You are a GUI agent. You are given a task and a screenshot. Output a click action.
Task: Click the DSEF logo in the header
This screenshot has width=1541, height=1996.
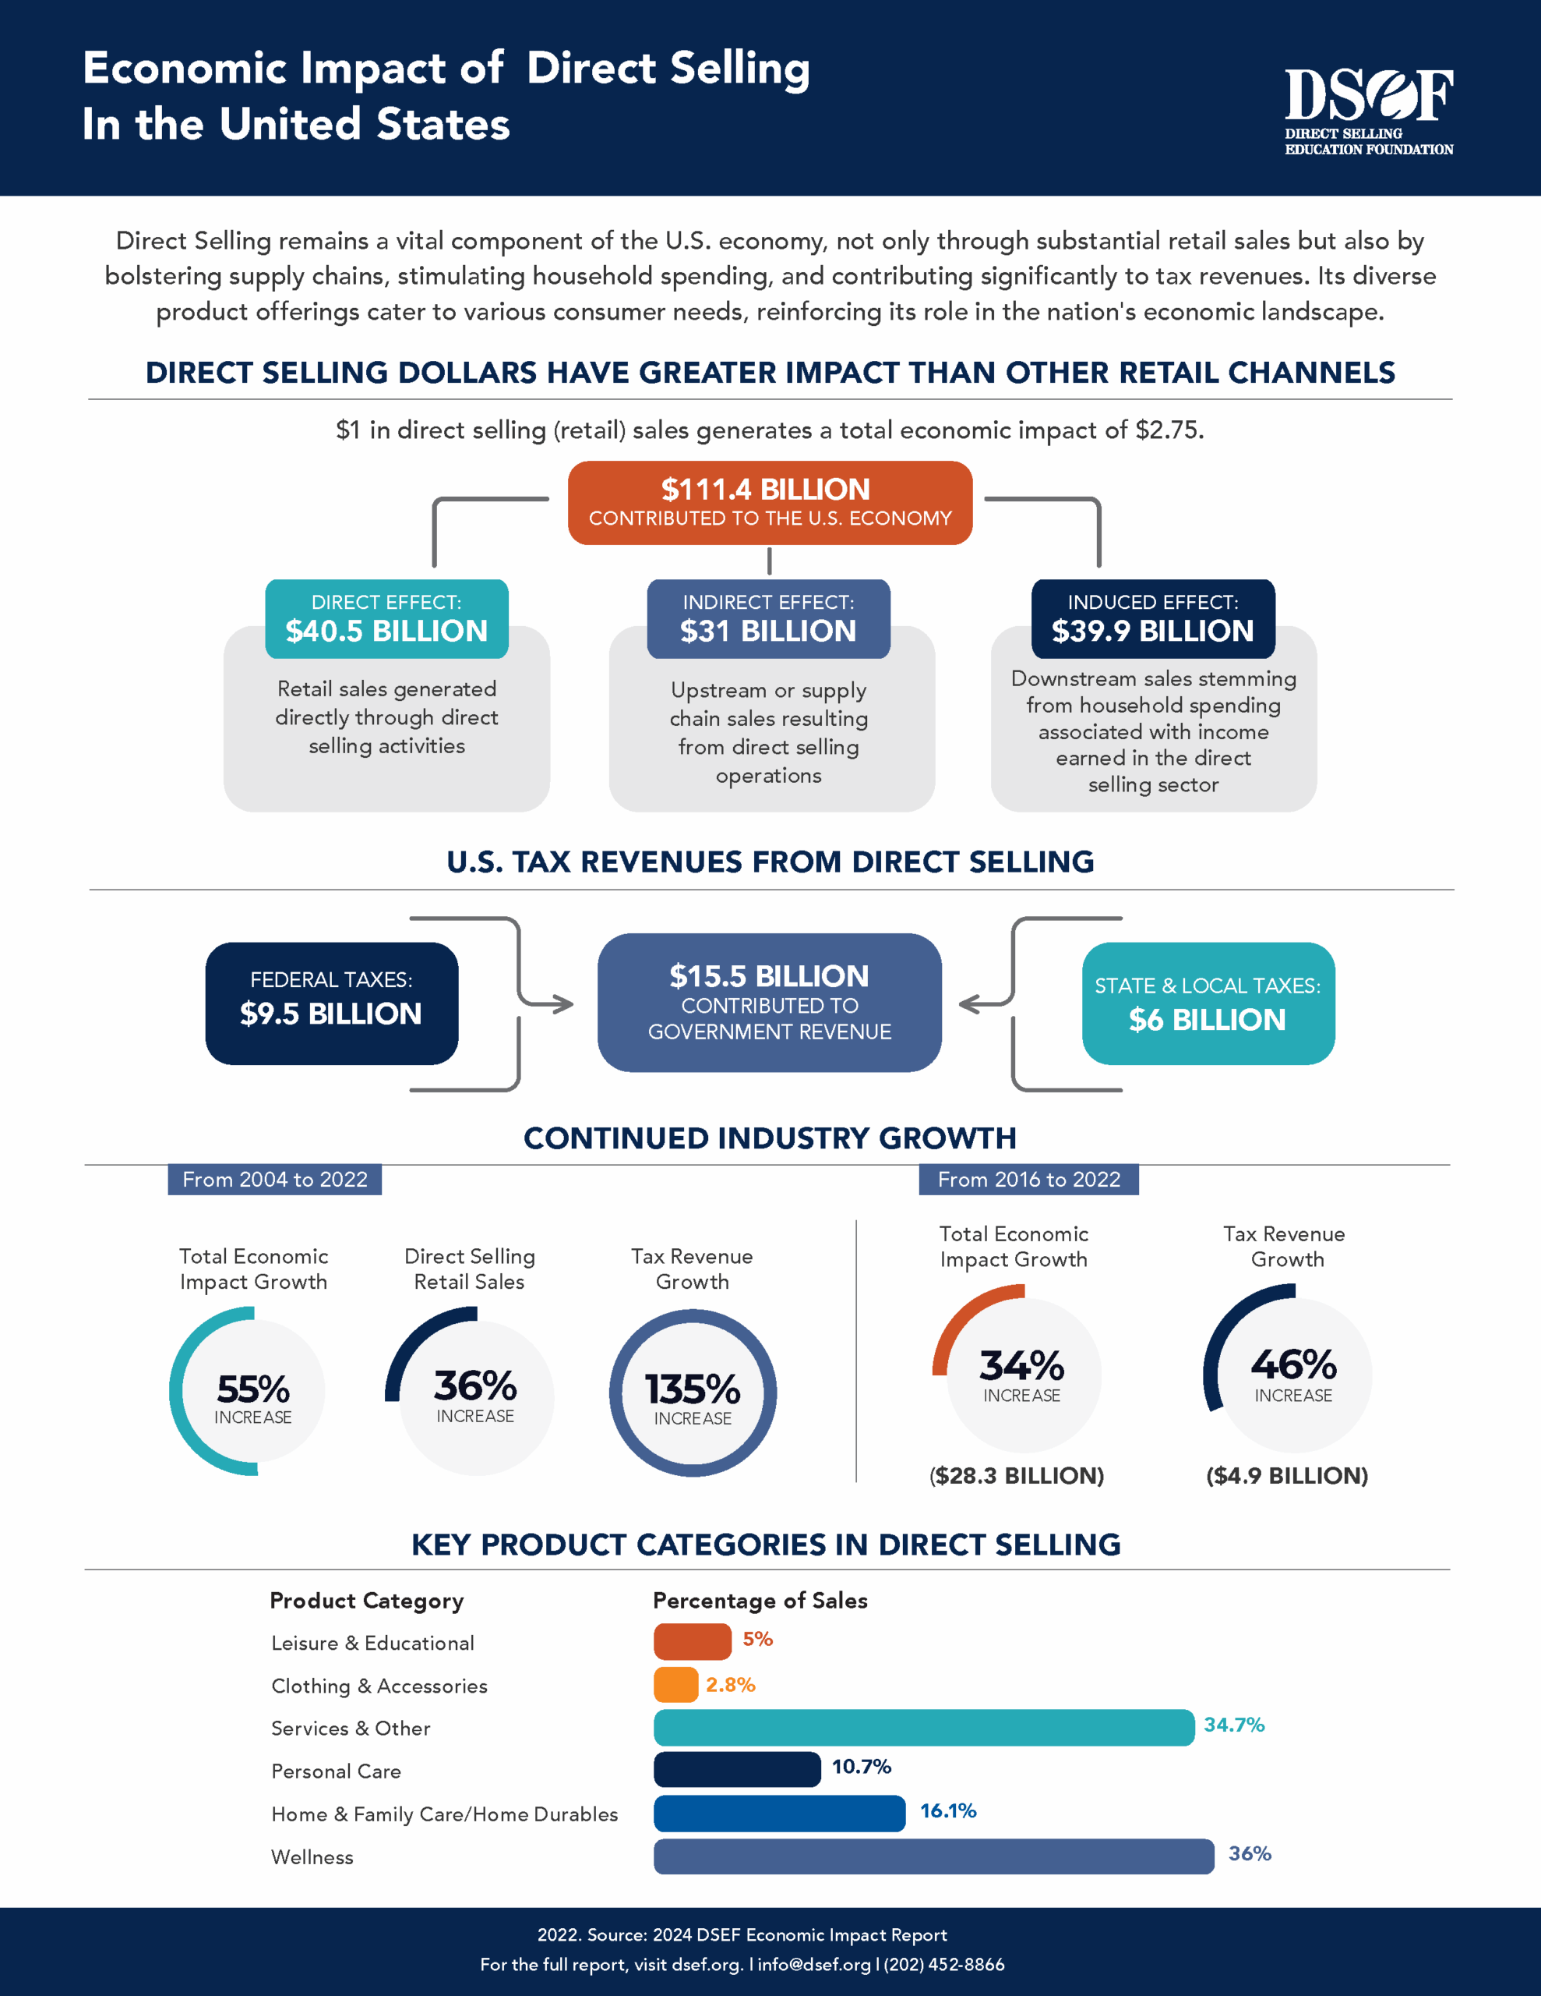tap(1368, 111)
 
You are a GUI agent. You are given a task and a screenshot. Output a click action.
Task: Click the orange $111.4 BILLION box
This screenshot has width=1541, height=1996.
tap(769, 503)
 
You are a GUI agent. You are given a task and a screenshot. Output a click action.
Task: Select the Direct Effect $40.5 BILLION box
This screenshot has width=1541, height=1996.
tap(386, 619)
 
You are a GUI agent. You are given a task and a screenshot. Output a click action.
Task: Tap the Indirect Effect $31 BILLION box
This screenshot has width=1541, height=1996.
tap(768, 619)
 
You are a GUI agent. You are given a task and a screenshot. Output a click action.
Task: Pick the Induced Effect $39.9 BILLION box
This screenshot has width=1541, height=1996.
tap(1153, 619)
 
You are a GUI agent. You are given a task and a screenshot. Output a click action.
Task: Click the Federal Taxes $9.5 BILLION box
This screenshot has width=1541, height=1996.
tap(332, 1003)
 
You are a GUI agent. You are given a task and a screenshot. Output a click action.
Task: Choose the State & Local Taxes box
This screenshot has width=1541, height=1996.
tap(1208, 1003)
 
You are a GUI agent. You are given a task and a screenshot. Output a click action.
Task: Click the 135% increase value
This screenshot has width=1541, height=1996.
tap(693, 1389)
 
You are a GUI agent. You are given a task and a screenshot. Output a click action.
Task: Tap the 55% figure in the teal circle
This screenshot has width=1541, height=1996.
tap(253, 1389)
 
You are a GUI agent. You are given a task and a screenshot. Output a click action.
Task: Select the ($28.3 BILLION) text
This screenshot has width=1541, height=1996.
tap(1017, 1475)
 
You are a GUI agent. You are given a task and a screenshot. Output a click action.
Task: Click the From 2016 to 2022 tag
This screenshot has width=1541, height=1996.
tap(1028, 1179)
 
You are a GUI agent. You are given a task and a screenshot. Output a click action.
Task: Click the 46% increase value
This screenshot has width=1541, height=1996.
tap(1292, 1364)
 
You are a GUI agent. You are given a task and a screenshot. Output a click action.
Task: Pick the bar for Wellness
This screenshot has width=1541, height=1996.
tap(933, 1856)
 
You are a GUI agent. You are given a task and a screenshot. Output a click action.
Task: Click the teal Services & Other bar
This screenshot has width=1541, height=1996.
tap(922, 1727)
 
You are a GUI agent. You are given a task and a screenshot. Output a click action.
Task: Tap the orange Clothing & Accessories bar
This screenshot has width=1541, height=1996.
tap(676, 1684)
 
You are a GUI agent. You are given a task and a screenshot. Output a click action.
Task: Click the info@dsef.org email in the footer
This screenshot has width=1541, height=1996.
tap(814, 1964)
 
